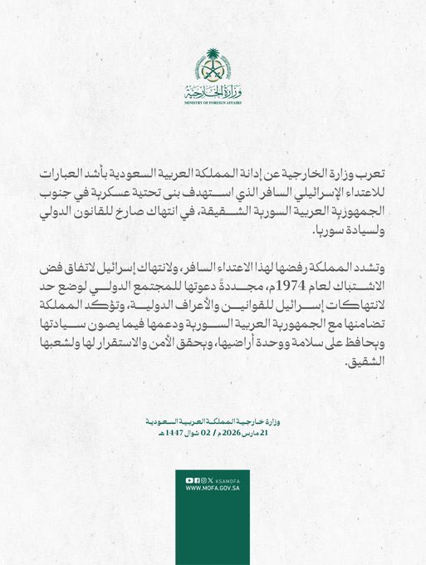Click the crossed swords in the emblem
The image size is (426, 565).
213,73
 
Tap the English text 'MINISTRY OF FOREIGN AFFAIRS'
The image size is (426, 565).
213,102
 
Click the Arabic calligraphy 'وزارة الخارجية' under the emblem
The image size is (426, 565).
213,91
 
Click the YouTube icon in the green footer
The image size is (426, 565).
189,480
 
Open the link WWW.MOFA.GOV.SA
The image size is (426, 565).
213,489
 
